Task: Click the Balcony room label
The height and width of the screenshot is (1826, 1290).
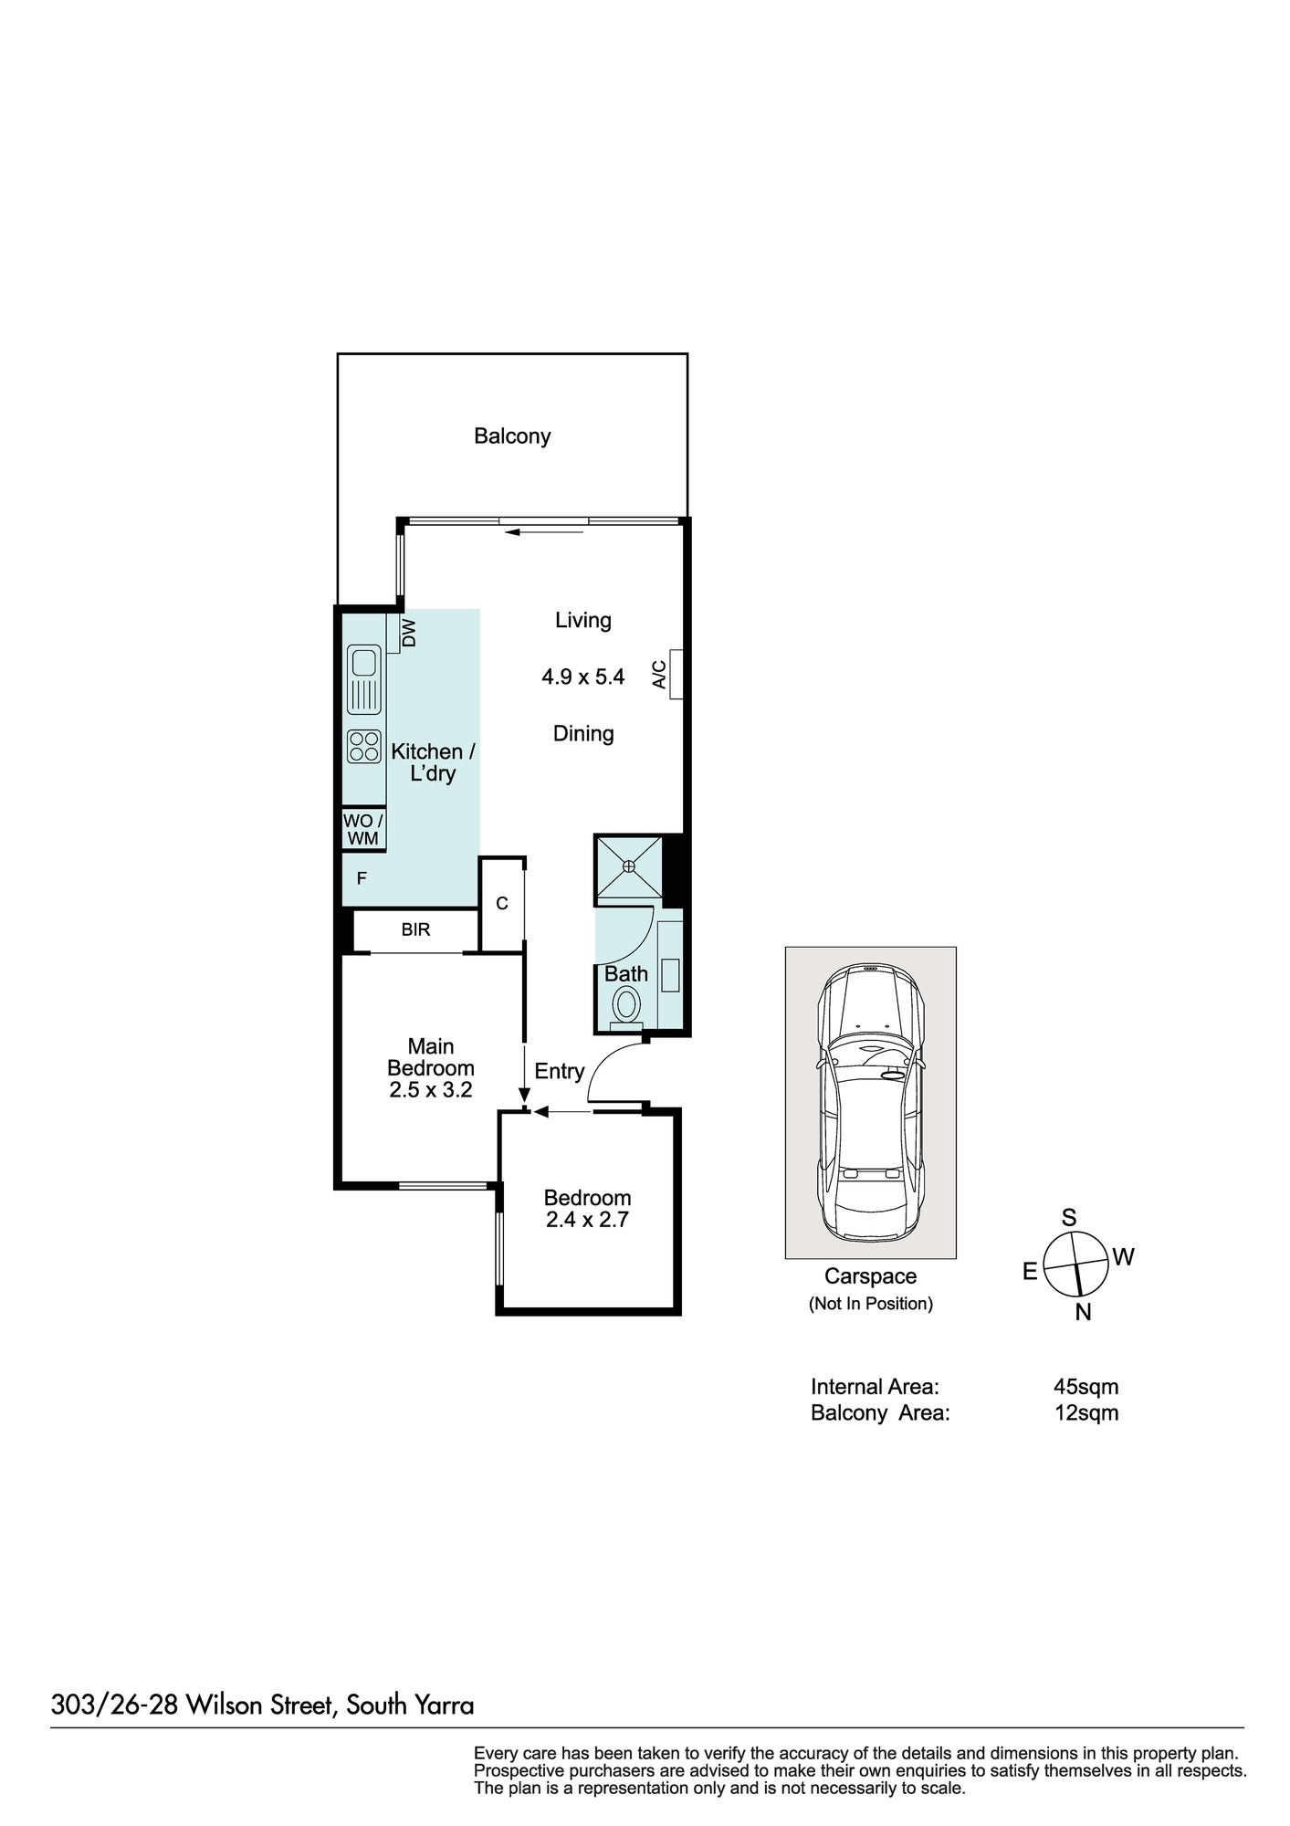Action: pos(511,436)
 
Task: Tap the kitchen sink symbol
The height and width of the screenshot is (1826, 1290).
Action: pos(364,679)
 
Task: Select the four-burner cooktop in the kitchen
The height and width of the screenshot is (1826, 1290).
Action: pos(364,746)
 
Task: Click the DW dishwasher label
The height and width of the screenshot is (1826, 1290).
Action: pos(409,633)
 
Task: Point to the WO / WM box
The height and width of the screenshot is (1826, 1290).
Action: pos(363,830)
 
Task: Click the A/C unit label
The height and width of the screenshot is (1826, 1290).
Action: pos(659,674)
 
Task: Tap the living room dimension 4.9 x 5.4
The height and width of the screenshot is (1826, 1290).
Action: pos(582,677)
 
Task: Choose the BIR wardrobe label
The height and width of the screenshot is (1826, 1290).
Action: pos(415,930)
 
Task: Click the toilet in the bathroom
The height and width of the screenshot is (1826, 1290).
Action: pos(626,1004)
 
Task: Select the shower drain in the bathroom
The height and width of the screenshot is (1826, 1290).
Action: pos(630,866)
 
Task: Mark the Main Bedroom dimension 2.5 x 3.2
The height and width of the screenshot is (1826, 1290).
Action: pos(431,1090)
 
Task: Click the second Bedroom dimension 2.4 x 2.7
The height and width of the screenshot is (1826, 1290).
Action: pos(587,1220)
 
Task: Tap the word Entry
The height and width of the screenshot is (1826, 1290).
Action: pos(559,1071)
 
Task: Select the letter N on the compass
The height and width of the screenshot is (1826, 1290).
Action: pos(1084,1313)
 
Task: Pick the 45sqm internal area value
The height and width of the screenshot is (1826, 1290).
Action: pos(1085,1387)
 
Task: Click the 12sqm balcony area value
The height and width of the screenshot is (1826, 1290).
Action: pos(1085,1413)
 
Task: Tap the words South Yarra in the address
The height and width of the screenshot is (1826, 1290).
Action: pos(410,1705)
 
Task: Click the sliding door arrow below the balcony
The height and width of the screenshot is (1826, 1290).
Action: pos(544,531)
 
